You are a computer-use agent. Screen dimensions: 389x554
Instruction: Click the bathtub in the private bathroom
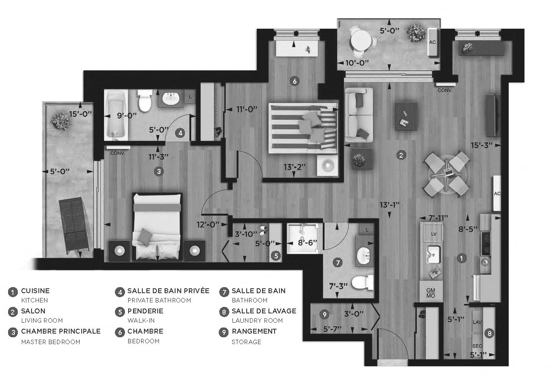116,115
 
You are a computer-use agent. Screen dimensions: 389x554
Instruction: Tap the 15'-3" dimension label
482,145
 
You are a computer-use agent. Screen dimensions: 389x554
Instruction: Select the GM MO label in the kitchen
431,293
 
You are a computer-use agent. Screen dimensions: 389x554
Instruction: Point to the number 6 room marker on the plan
294,81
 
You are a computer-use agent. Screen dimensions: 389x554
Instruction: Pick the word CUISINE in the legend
35,291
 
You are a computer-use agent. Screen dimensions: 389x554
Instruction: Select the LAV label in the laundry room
478,322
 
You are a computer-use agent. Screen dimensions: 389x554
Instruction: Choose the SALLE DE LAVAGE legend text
264,311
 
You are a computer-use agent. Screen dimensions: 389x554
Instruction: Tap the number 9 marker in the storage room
324,314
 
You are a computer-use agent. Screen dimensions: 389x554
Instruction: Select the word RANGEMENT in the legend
254,331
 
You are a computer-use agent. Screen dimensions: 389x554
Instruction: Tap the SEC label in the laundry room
477,347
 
